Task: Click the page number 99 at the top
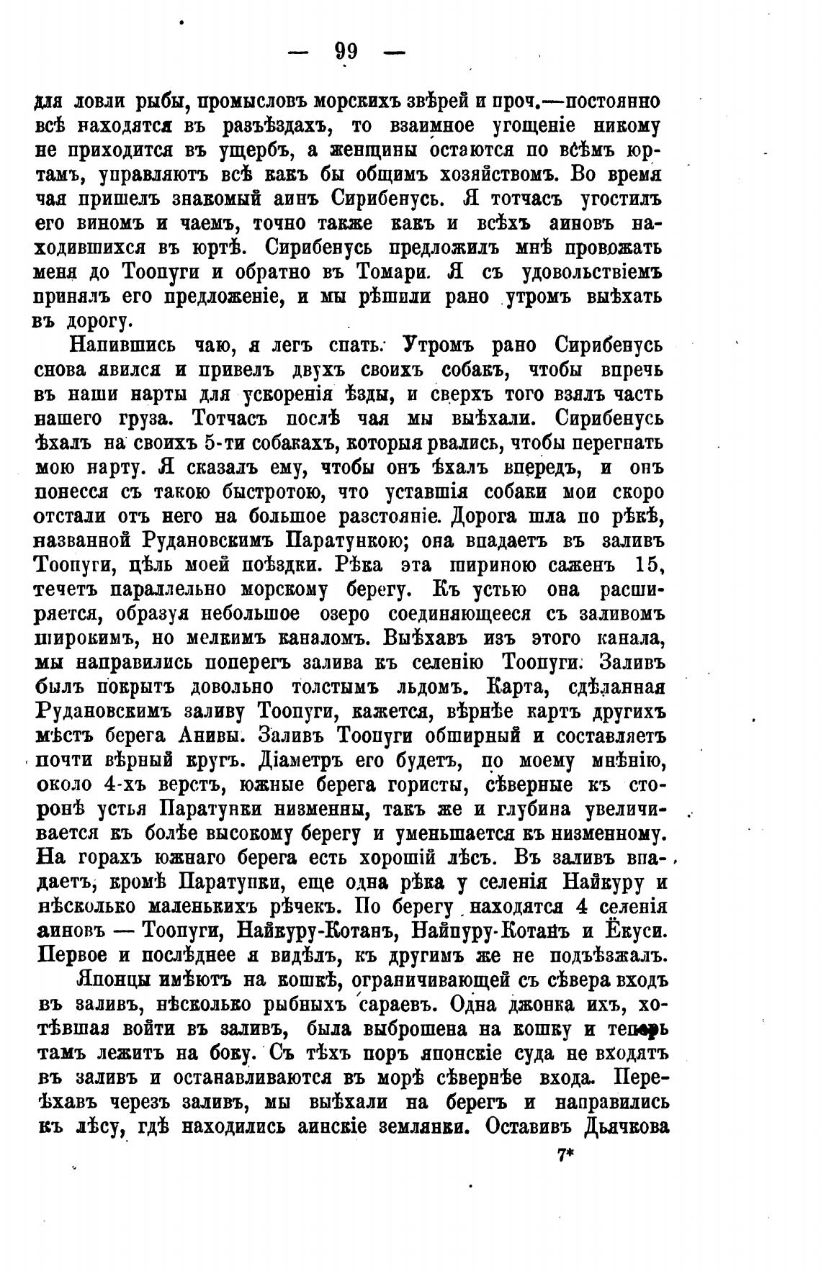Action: (x=346, y=53)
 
